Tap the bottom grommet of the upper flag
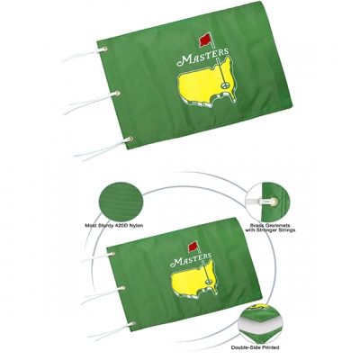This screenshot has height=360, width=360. [128, 139]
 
